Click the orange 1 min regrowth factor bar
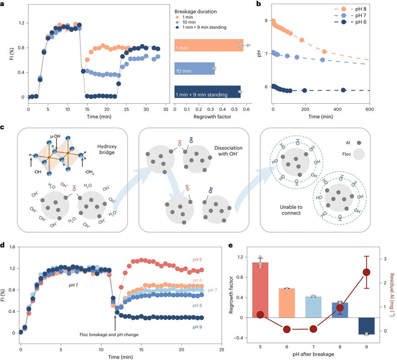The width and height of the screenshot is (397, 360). click(x=209, y=48)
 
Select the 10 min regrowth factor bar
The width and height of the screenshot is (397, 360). click(x=195, y=71)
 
